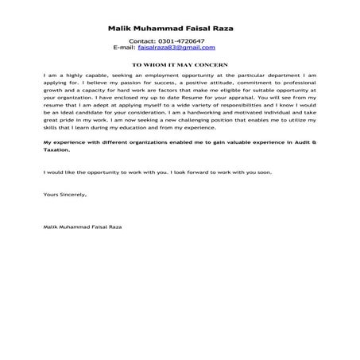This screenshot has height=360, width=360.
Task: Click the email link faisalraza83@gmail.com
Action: point(180,48)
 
